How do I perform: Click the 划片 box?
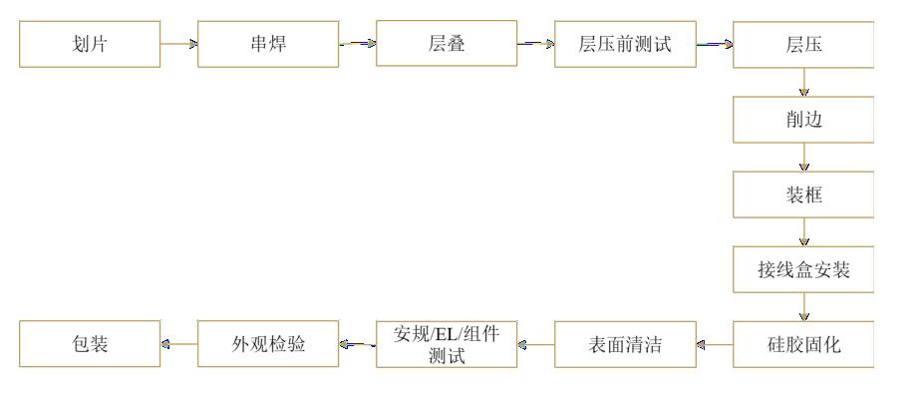tap(90, 44)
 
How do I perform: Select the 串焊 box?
tap(267, 44)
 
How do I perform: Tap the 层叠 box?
tap(446, 44)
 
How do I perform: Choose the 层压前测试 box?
tap(625, 44)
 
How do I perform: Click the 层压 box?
tap(803, 44)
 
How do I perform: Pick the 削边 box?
tap(803, 119)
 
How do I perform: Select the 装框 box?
tap(803, 195)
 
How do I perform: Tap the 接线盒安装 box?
tap(803, 269)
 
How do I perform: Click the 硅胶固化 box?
tap(803, 345)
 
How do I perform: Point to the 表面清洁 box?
tap(625, 345)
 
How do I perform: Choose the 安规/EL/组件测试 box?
tap(446, 345)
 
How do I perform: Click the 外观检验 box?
tap(267, 345)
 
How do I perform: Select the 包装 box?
tap(90, 345)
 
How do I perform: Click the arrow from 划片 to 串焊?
tap(178, 44)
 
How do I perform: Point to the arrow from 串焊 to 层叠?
tap(357, 44)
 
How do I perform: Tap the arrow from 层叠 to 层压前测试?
tap(535, 44)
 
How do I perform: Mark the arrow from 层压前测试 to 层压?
tap(715, 44)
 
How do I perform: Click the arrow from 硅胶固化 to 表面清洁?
tap(715, 345)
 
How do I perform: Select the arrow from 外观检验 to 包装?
tap(178, 345)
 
